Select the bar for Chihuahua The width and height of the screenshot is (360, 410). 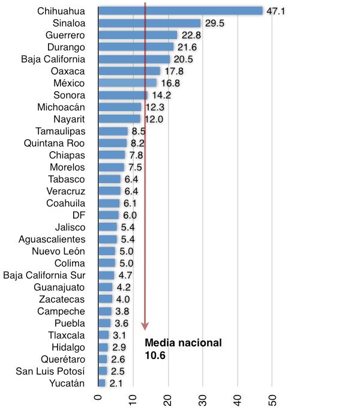click(180, 11)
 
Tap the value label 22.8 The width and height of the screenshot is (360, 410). click(190, 35)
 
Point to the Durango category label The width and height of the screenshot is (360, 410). click(66, 47)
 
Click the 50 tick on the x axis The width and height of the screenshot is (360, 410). click(273, 399)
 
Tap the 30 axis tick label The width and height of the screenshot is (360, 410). click(203, 399)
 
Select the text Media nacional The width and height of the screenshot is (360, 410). click(184, 343)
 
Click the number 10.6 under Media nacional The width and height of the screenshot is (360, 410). click(155, 355)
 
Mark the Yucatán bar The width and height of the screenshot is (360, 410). click(101, 383)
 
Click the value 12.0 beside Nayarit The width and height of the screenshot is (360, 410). click(153, 119)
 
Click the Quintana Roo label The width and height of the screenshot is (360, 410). click(54, 143)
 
